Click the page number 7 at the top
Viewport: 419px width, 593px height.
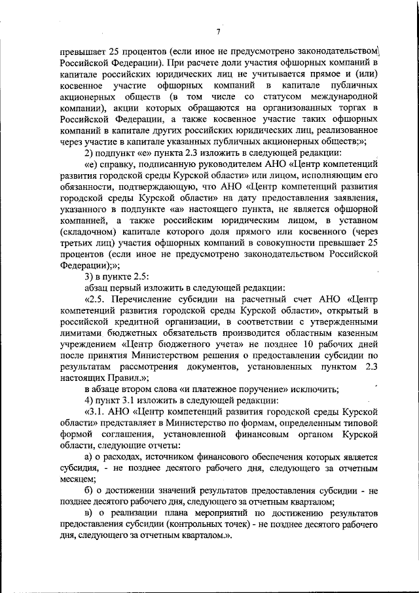(218, 31)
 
